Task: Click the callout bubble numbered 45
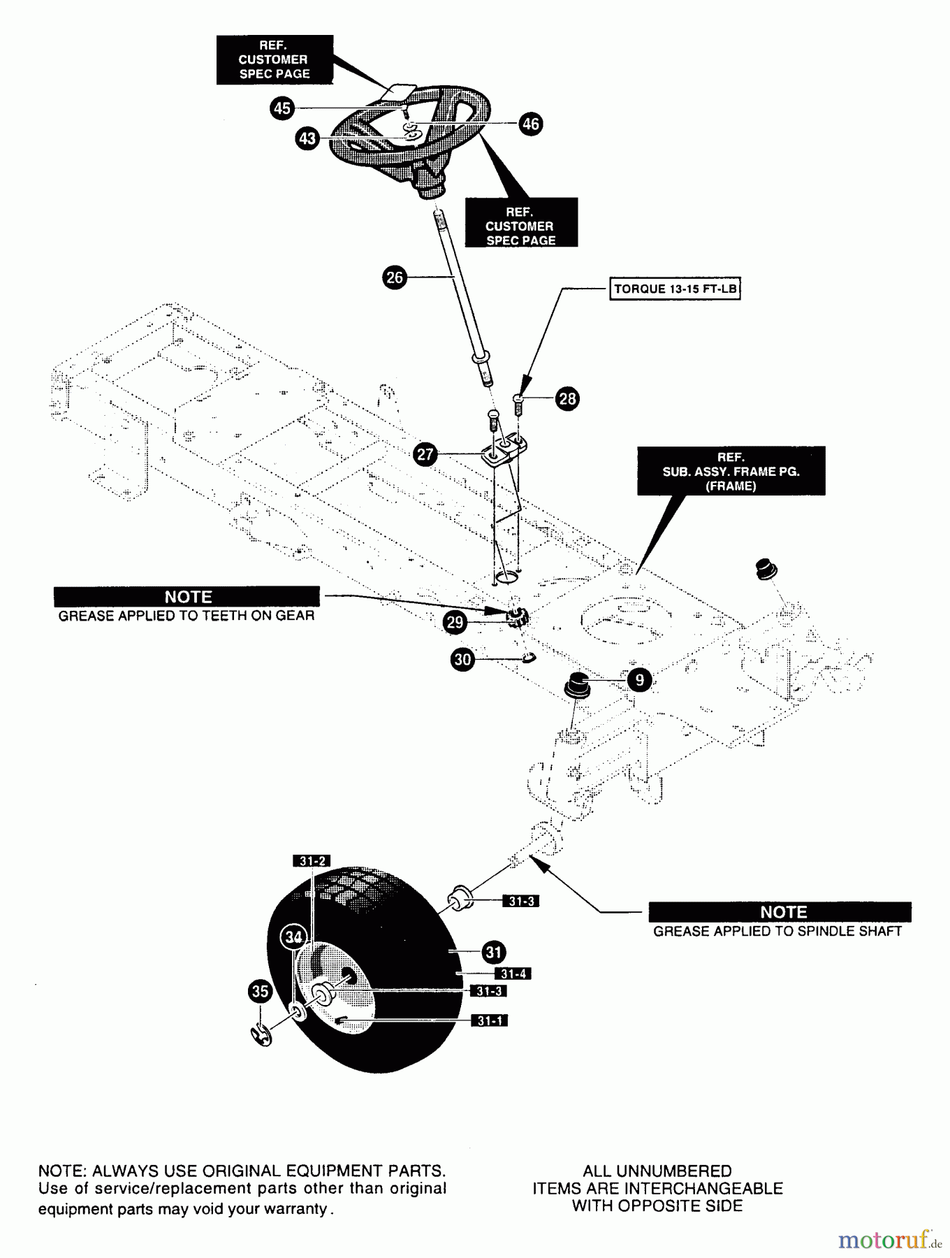point(282,108)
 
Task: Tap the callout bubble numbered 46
point(531,124)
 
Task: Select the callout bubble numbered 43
point(307,138)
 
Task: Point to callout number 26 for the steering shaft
point(395,277)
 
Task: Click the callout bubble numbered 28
point(567,398)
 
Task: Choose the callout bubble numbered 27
point(425,454)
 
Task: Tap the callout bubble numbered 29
point(455,622)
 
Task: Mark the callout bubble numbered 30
point(463,659)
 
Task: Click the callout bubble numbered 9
point(639,680)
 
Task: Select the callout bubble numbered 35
point(260,991)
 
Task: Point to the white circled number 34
point(294,937)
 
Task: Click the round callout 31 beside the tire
point(494,952)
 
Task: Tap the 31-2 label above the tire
point(312,861)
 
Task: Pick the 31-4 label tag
point(513,974)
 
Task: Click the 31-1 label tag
point(490,1021)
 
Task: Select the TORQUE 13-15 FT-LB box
point(675,289)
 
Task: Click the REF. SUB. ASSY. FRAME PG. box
point(731,471)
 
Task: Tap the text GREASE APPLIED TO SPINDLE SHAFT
point(777,932)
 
